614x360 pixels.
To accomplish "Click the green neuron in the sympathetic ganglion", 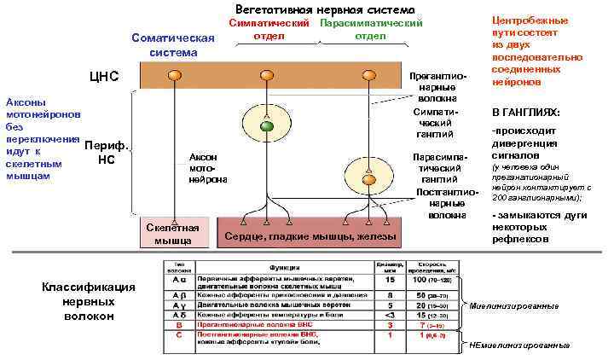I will point(266,126).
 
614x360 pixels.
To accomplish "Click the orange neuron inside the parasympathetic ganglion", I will point(368,180).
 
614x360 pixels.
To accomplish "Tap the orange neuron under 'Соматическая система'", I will point(174,76).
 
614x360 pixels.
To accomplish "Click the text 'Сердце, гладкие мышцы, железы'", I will point(310,235).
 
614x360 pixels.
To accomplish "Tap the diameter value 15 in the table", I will point(389,280).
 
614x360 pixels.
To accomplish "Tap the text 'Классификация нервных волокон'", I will point(89,301).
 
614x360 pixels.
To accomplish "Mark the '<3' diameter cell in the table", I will point(389,314).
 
